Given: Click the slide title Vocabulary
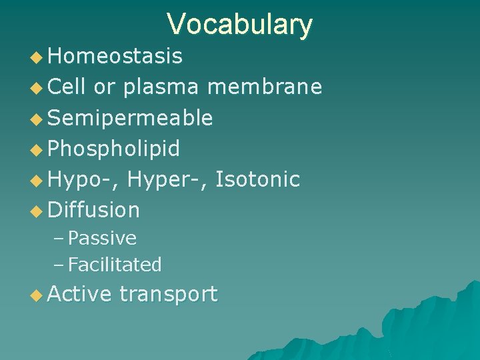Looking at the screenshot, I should click(x=239, y=24).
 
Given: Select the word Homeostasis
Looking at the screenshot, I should click(x=115, y=57).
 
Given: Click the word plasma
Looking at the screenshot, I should click(x=165, y=87).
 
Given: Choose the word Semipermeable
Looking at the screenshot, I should click(x=130, y=118).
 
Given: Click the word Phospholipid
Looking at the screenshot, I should click(x=113, y=149).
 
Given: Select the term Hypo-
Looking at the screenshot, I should click(x=83, y=179).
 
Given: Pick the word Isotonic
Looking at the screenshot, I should click(x=259, y=179).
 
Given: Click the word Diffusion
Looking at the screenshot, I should click(x=93, y=210).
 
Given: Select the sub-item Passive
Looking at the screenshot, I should click(x=102, y=238).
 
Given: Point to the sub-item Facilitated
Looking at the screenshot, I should click(x=115, y=265).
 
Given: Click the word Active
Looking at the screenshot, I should click(x=79, y=294).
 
